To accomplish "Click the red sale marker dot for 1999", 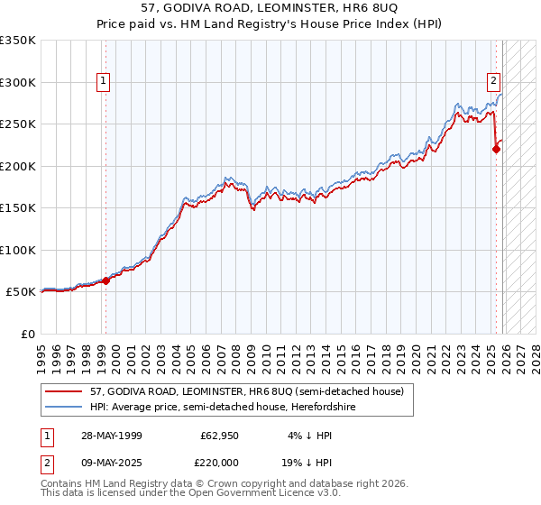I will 105,280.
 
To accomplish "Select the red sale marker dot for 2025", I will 496,150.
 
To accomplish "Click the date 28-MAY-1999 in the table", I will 105,435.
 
